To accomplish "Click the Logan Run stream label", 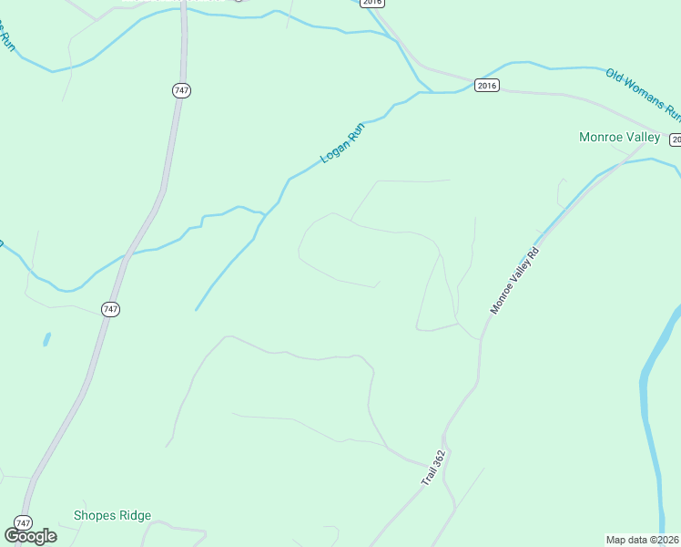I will [x=342, y=143].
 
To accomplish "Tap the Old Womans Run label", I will [x=644, y=94].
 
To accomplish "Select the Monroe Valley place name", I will [x=619, y=137].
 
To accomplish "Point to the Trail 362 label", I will [x=433, y=467].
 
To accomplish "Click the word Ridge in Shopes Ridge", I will [x=135, y=515].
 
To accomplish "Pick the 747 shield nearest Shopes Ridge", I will [x=23, y=522].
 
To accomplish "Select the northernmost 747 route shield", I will [x=180, y=90].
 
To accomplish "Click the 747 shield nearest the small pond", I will [x=110, y=309].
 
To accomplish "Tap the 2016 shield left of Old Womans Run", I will [x=487, y=86].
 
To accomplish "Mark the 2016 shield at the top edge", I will [x=371, y=3].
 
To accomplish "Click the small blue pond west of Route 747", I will [x=46, y=340].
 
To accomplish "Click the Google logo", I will [x=31, y=535].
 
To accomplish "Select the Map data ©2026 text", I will [x=643, y=540].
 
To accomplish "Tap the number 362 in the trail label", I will [x=441, y=458].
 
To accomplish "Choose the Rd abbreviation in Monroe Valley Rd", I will [x=535, y=253].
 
